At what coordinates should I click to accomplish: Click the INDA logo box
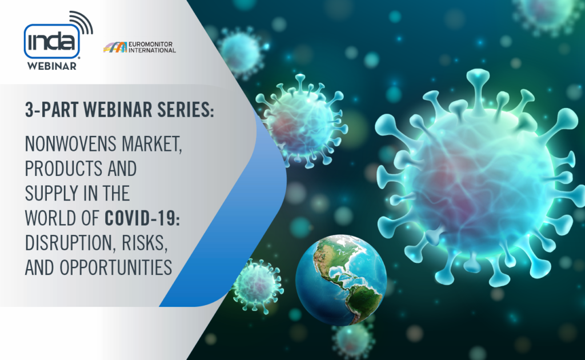click(x=52, y=41)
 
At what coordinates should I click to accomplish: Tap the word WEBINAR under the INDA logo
click(x=52, y=66)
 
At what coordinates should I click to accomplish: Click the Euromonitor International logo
click(x=139, y=47)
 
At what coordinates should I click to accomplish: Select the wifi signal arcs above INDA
click(x=82, y=22)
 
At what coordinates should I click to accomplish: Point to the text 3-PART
click(x=52, y=110)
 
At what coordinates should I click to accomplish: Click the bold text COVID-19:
click(x=142, y=218)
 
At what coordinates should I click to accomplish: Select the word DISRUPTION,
click(x=69, y=243)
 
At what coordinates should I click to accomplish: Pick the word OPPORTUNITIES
click(x=115, y=267)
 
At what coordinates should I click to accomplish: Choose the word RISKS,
click(x=144, y=243)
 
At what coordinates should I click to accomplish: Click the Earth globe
click(x=341, y=280)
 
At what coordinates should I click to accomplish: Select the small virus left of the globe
click(x=258, y=286)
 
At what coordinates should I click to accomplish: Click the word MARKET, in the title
click(x=152, y=144)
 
